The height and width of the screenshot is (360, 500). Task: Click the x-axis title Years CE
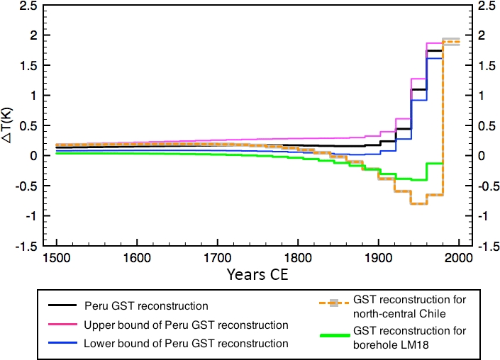pos(259,274)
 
